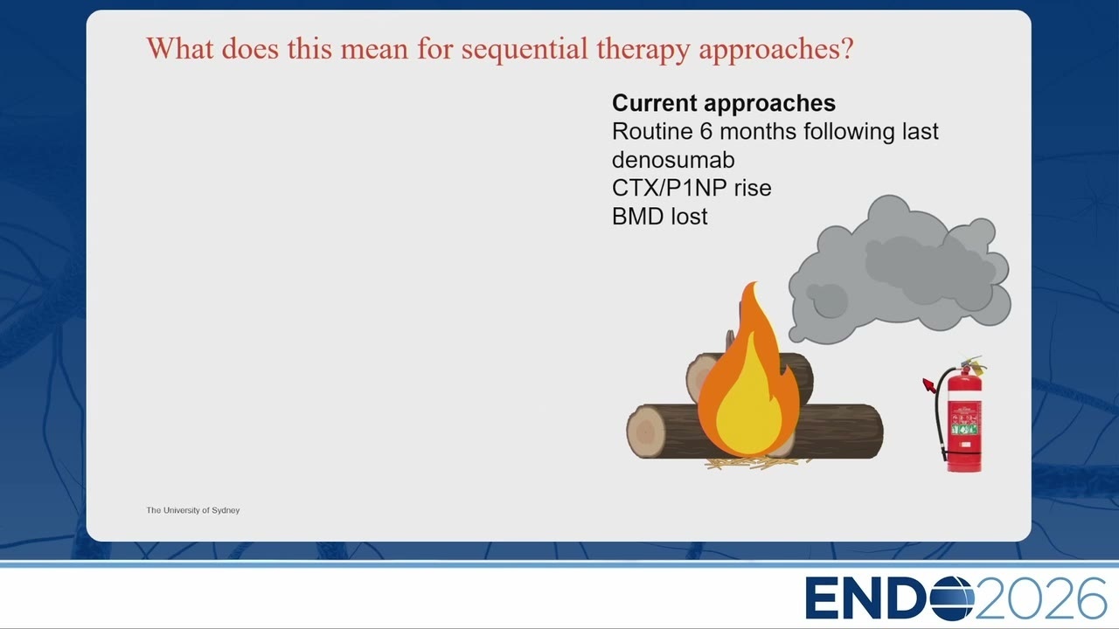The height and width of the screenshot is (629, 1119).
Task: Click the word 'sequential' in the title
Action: coord(524,50)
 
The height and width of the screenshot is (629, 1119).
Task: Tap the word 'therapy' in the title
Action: coord(643,50)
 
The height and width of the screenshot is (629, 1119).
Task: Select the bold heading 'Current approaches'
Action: coord(723,103)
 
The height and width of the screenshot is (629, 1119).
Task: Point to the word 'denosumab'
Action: coord(673,160)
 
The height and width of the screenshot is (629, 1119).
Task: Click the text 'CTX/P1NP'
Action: coord(669,188)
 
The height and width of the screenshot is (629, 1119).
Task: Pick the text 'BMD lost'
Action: coord(659,217)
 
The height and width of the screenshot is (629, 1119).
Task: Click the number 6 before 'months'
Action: coord(705,132)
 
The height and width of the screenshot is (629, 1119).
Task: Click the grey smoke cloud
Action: coord(900,270)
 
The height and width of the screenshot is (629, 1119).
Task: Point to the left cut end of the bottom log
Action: coord(645,431)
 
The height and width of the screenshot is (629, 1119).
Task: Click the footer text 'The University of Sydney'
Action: coord(193,510)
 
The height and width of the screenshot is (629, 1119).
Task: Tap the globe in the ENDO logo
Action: coord(952,598)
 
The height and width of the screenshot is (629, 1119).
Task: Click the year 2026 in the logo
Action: coord(1040,598)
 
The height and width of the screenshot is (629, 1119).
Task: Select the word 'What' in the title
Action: coord(180,49)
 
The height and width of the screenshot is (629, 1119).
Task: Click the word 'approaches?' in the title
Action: coord(775,50)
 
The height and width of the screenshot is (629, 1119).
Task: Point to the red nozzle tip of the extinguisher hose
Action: coord(928,385)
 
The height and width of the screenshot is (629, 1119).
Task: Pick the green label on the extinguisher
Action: coord(963,428)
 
